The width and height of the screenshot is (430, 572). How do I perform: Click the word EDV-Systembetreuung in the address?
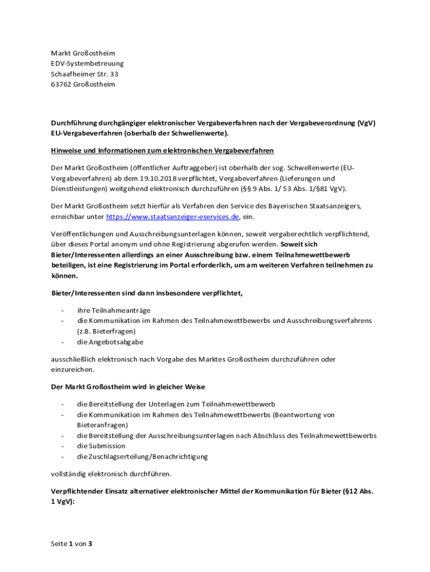pos(87,64)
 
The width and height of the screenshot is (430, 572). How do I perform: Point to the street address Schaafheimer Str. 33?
pos(84,74)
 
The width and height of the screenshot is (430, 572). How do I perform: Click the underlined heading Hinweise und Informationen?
pos(163,150)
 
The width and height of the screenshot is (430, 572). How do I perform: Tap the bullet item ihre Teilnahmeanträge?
pos(114,311)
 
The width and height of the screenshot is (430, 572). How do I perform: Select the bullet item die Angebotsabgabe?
pos(110,342)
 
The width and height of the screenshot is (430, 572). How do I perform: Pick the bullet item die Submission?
pos(101,446)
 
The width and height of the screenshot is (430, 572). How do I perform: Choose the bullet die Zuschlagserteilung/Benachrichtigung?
pos(142,456)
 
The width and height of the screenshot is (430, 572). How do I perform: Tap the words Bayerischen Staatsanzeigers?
pos(316,206)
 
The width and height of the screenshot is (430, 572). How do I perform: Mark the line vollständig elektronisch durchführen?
pos(111,474)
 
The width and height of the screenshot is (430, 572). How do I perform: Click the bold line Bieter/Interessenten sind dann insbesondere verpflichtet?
pos(147,293)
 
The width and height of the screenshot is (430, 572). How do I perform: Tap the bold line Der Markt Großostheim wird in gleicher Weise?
pos(128,387)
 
